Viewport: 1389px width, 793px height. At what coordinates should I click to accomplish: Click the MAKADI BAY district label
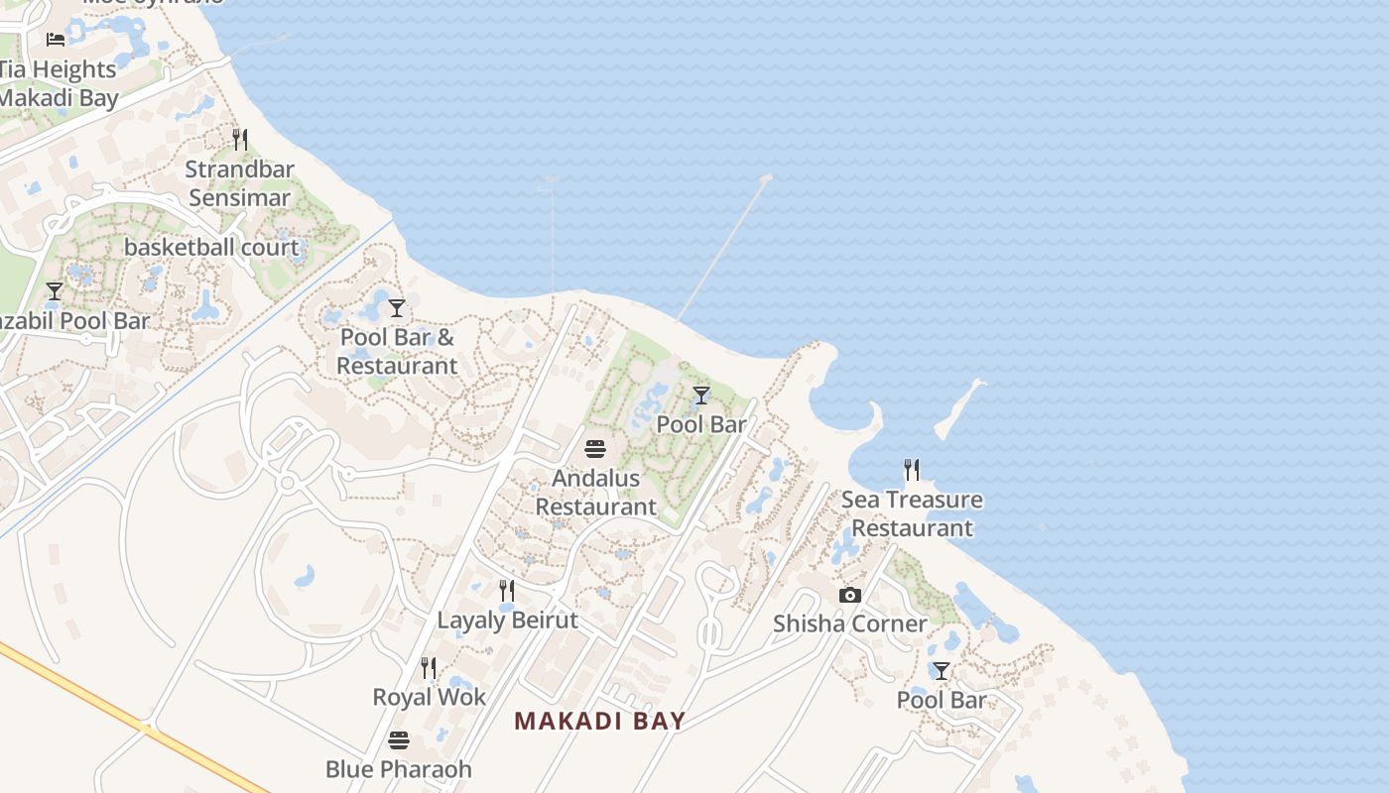tap(599, 721)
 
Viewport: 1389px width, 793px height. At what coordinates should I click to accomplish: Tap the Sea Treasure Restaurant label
tap(912, 513)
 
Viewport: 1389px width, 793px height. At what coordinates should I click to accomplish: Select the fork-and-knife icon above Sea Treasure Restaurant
tap(911, 469)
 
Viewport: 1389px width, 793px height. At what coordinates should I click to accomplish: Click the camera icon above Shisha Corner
tap(849, 595)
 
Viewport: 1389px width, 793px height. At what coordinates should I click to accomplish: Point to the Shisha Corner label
tap(849, 623)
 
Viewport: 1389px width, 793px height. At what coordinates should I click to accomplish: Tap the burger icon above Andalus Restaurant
tap(595, 448)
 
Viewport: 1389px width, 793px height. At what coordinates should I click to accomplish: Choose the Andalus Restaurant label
tap(595, 492)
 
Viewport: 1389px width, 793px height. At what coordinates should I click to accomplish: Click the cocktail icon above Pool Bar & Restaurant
tap(397, 308)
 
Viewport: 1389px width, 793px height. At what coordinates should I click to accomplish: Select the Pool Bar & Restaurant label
tap(397, 351)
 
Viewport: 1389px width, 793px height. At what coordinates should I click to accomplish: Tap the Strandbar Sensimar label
tap(239, 182)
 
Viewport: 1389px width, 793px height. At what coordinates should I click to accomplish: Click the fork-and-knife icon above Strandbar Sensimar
tap(239, 139)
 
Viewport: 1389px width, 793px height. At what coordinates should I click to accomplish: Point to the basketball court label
tap(210, 247)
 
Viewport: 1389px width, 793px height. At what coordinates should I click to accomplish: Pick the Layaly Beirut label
tap(507, 621)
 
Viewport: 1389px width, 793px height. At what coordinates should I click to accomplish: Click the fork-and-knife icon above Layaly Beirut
tap(506, 591)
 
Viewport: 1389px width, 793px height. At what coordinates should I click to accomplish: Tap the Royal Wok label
tap(429, 697)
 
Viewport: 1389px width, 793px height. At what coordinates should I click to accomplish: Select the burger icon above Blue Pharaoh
tap(398, 739)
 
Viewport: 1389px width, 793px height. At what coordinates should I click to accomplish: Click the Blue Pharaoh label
tap(398, 769)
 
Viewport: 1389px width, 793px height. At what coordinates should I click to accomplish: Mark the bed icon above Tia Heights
tap(56, 40)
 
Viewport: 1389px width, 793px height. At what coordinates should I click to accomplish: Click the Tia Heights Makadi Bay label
tap(58, 83)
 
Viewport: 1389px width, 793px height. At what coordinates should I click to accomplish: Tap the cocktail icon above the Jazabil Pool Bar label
tap(55, 291)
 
